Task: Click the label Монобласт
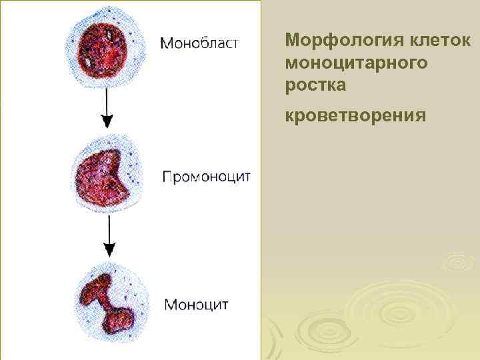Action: point(199,43)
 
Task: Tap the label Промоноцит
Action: point(207,177)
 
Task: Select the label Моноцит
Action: point(197,305)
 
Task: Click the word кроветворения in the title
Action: point(355,116)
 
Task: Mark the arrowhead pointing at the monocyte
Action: point(109,249)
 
